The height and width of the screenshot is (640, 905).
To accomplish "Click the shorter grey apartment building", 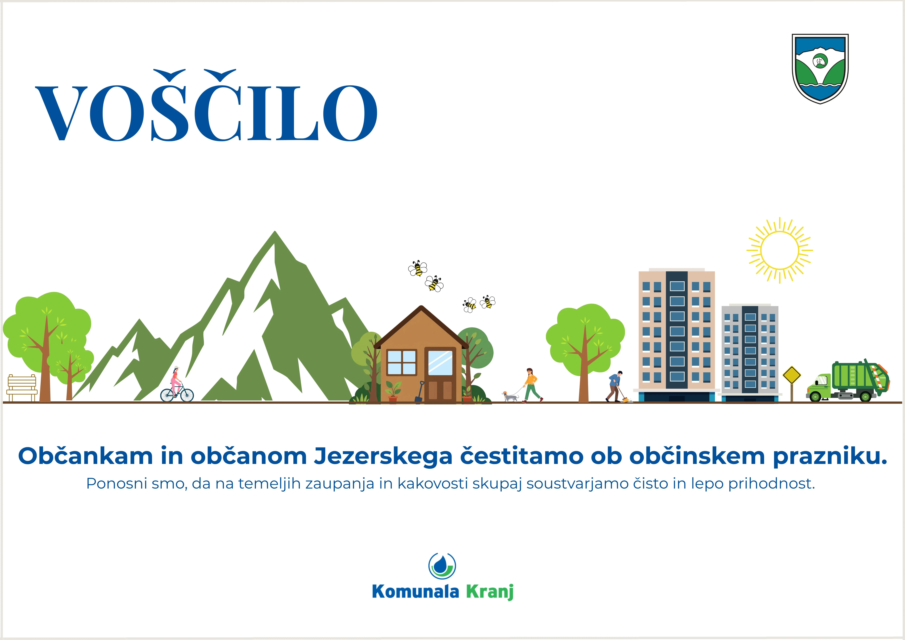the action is coord(750,353).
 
